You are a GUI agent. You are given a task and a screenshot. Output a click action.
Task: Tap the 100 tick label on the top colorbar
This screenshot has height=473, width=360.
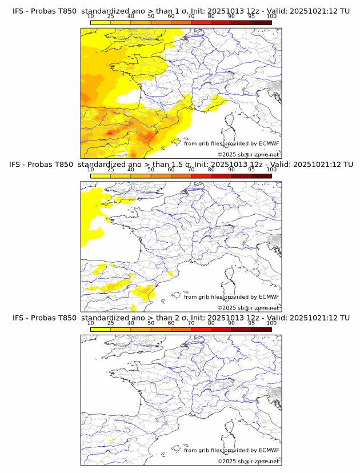271,16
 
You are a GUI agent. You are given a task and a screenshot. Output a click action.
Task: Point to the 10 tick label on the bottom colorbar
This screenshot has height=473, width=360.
91,323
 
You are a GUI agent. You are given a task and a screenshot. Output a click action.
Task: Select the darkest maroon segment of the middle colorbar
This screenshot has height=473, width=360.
261,175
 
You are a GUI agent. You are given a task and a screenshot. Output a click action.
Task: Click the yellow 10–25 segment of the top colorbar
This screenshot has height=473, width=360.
101,22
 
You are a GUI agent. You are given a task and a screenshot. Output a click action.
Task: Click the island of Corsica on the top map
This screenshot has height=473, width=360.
231,120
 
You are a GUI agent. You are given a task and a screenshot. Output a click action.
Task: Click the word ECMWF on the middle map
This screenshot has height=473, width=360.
269,297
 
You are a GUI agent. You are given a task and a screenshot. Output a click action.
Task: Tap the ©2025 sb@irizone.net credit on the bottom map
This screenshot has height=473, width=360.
248,461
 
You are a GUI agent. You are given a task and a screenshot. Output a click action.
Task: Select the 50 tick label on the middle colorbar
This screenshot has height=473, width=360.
151,170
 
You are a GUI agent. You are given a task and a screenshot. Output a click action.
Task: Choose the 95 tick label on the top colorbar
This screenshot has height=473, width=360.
251,16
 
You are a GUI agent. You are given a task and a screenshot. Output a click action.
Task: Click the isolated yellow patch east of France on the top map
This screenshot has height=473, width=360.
216,101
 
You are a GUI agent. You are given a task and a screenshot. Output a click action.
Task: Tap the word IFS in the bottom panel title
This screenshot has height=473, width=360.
18,318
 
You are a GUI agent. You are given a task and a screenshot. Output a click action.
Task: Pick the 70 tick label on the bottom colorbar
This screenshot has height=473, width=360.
191,323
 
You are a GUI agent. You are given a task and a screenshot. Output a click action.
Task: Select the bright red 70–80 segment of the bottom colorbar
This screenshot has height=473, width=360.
201,329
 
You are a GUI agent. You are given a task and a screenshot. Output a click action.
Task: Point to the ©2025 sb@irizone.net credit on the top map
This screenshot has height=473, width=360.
248,155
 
